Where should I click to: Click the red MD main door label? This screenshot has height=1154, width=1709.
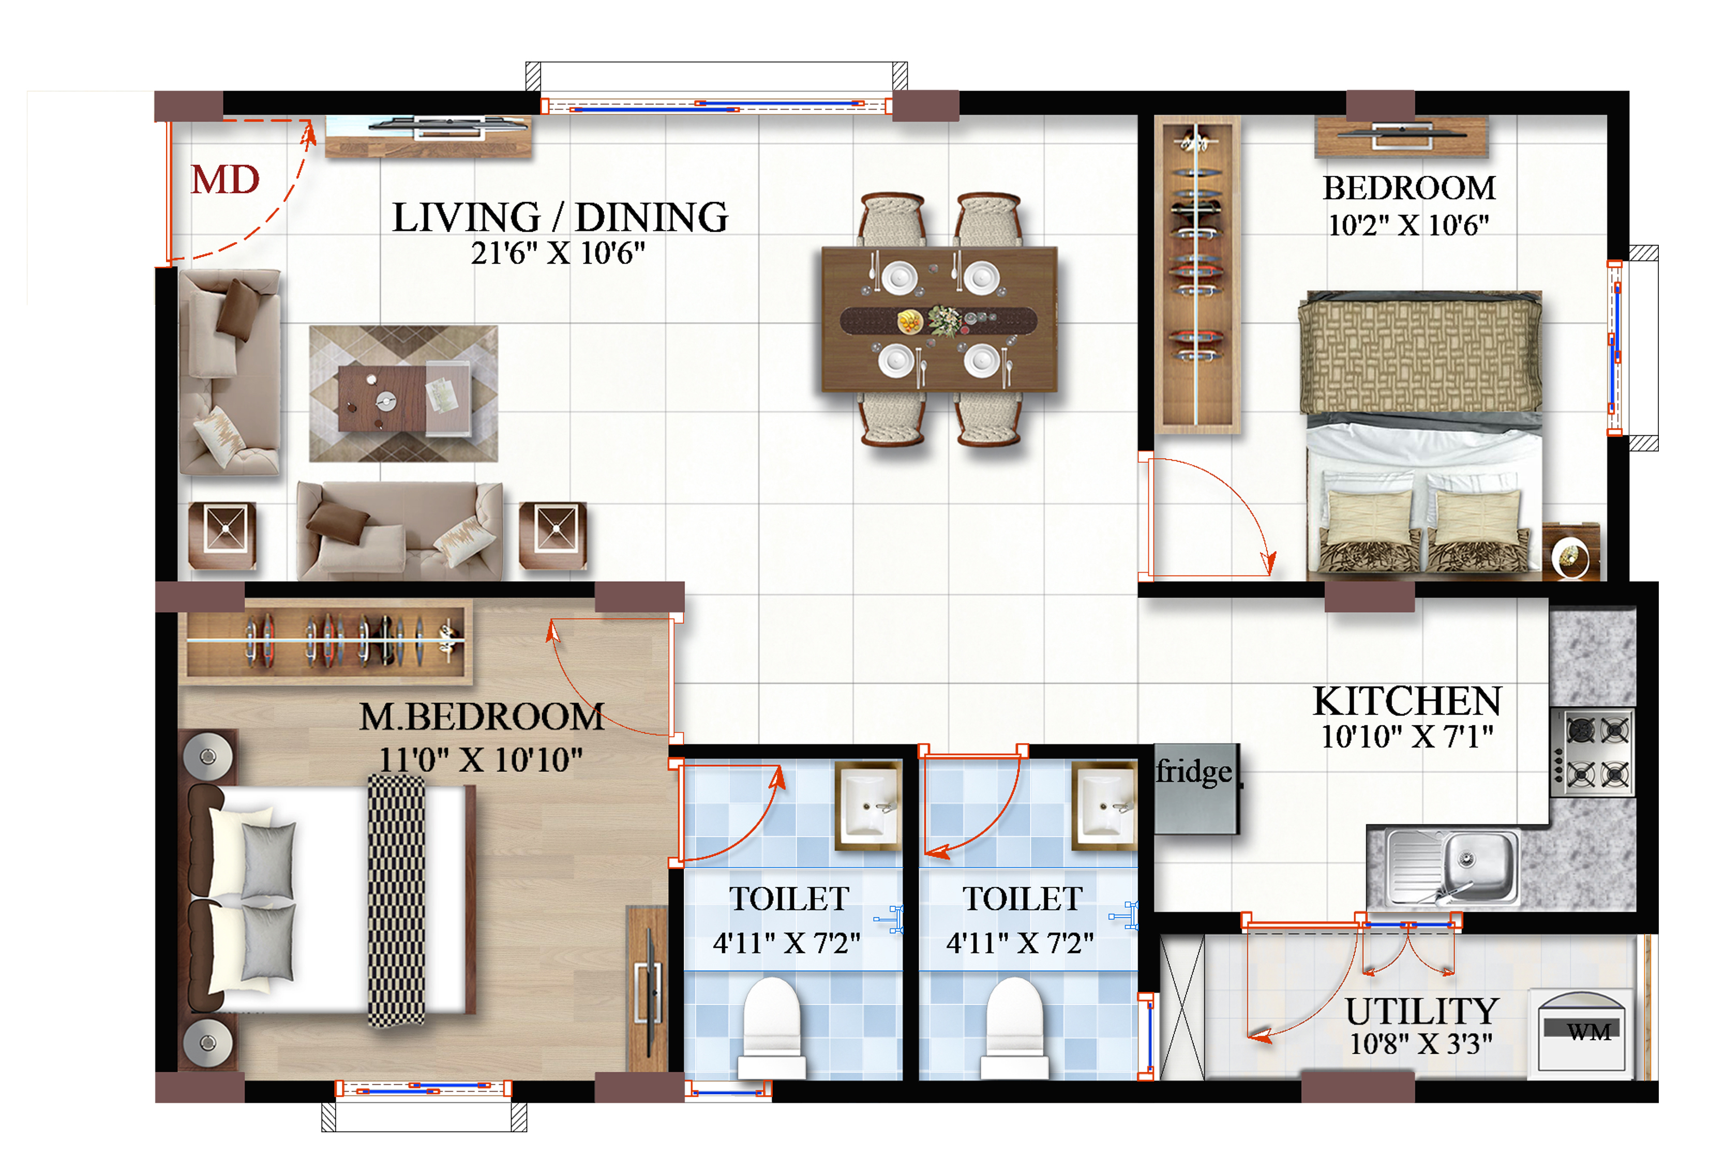pyautogui.click(x=225, y=179)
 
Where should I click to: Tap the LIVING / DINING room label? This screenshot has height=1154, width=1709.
pyautogui.click(x=560, y=218)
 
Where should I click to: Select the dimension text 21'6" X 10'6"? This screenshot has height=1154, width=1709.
pyautogui.click(x=558, y=253)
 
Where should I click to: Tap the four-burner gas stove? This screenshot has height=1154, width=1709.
pyautogui.click(x=1592, y=752)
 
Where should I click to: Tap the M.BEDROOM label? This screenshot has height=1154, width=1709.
pyautogui.click(x=482, y=717)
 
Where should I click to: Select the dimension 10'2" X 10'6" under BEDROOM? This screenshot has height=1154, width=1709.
pyautogui.click(x=1408, y=225)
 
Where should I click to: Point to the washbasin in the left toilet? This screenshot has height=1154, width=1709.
pyautogui.click(x=868, y=806)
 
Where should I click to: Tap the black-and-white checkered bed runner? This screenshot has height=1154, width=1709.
pyautogui.click(x=396, y=901)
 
